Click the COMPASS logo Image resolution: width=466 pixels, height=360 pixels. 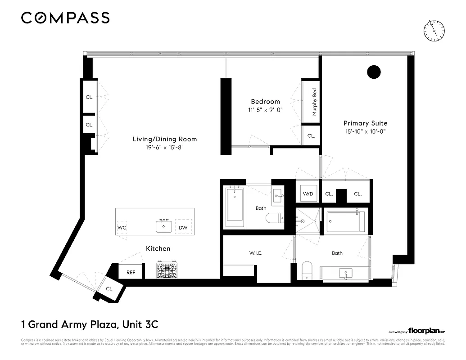(65, 18)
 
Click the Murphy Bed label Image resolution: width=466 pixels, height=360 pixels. (315, 102)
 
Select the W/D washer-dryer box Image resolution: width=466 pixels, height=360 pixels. (308, 194)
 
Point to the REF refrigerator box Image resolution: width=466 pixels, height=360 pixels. (131, 272)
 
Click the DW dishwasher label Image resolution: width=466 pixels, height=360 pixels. (183, 228)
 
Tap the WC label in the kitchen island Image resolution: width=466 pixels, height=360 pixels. (122, 228)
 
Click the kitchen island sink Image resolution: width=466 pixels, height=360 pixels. (163, 226)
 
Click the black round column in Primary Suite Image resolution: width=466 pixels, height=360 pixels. (374, 72)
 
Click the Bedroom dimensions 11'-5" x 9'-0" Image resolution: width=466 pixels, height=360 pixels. (265, 110)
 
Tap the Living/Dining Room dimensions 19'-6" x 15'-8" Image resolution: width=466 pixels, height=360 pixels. (164, 147)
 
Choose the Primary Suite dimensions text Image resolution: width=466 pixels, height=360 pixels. (365, 131)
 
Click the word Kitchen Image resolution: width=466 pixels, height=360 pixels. (158, 248)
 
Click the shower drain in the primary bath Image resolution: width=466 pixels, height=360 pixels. (303, 221)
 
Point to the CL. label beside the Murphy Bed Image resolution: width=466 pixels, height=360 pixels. (311, 135)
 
